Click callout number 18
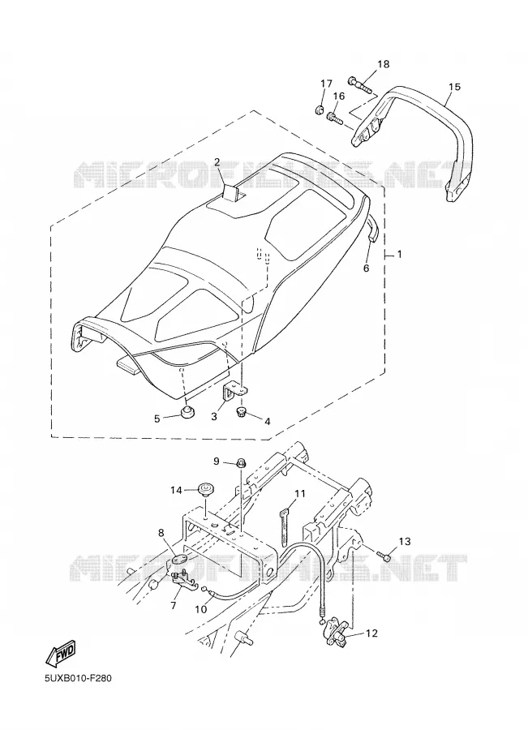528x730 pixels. pos(383,64)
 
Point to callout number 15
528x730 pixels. pos(454,87)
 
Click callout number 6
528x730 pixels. pos(366,268)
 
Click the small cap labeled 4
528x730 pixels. pos(243,411)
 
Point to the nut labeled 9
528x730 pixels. pos(241,463)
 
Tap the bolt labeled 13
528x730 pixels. pos(384,556)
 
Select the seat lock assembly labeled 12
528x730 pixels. pos(337,634)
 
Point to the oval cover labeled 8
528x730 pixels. pos(179,559)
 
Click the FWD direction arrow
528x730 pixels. pos(60,655)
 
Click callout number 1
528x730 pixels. pos(399,255)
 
